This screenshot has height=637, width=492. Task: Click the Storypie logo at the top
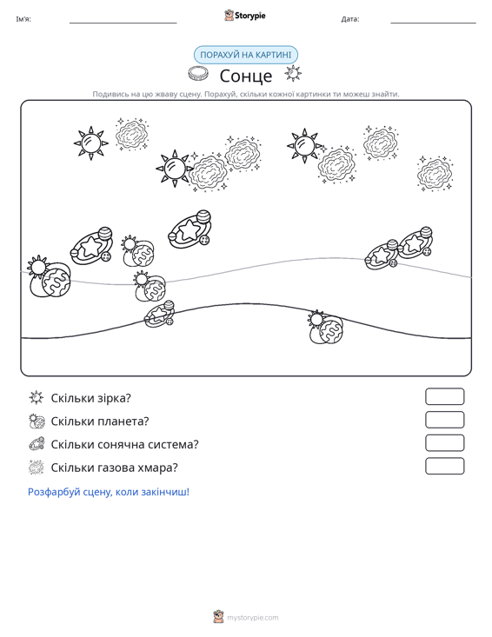pos(245,16)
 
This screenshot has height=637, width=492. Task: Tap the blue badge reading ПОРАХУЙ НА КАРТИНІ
pos(245,55)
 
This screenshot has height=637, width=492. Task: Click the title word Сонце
pos(246,76)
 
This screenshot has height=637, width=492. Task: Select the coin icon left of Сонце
pos(198,74)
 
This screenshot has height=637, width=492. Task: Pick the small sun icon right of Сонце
pos(293,74)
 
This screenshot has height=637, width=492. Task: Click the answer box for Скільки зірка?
pos(444,396)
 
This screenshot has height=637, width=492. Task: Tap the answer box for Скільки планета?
pos(444,420)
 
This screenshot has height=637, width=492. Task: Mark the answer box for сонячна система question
pos(444,443)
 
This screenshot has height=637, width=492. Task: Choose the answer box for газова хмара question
pos(444,466)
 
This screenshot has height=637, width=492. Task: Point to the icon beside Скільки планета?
pos(37,421)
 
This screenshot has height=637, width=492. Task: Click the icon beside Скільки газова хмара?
pos(37,468)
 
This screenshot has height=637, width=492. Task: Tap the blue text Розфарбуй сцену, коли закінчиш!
pos(109,492)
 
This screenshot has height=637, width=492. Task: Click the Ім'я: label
pos(23,19)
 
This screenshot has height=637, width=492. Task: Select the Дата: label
pos(350,19)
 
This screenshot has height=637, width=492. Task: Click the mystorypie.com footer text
pos(252,618)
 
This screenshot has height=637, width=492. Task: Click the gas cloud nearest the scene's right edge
pos(435,173)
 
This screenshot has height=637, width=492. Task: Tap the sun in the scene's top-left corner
pos(91,143)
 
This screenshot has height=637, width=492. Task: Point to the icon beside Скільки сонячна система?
pos(37,444)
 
